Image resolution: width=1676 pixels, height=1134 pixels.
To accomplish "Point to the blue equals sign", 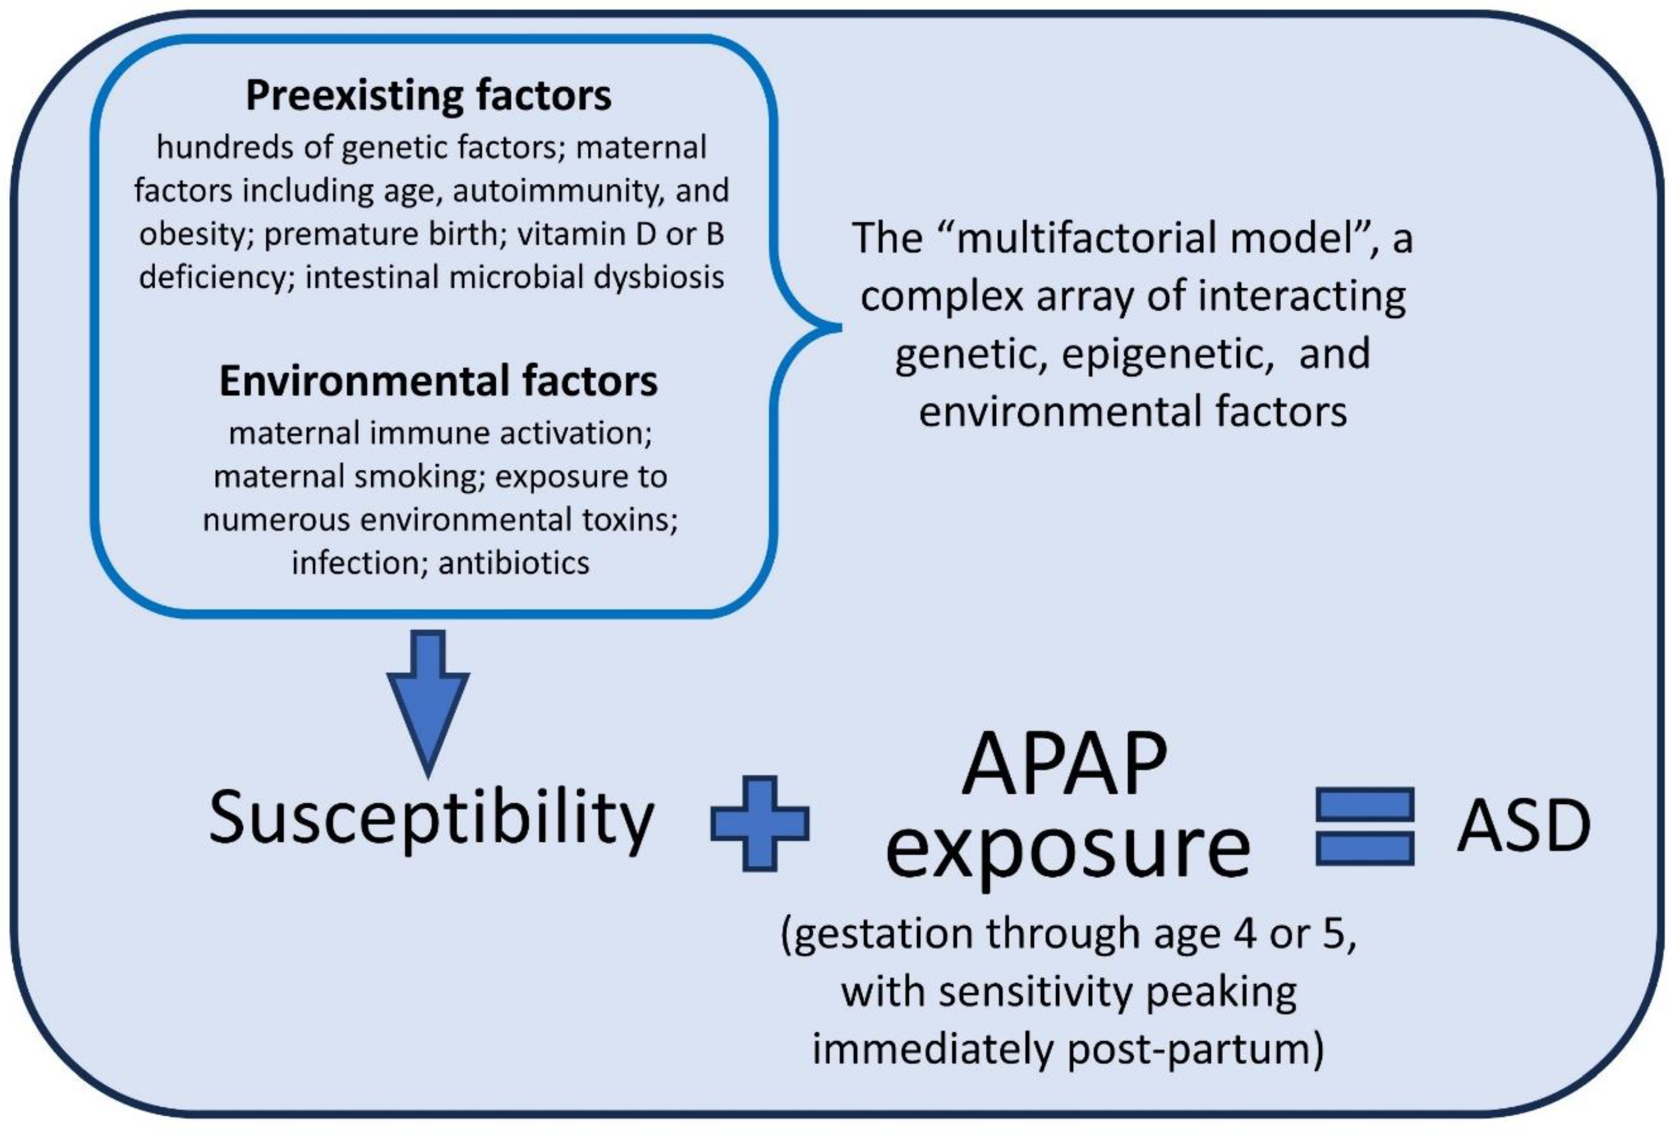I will click(1364, 826).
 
